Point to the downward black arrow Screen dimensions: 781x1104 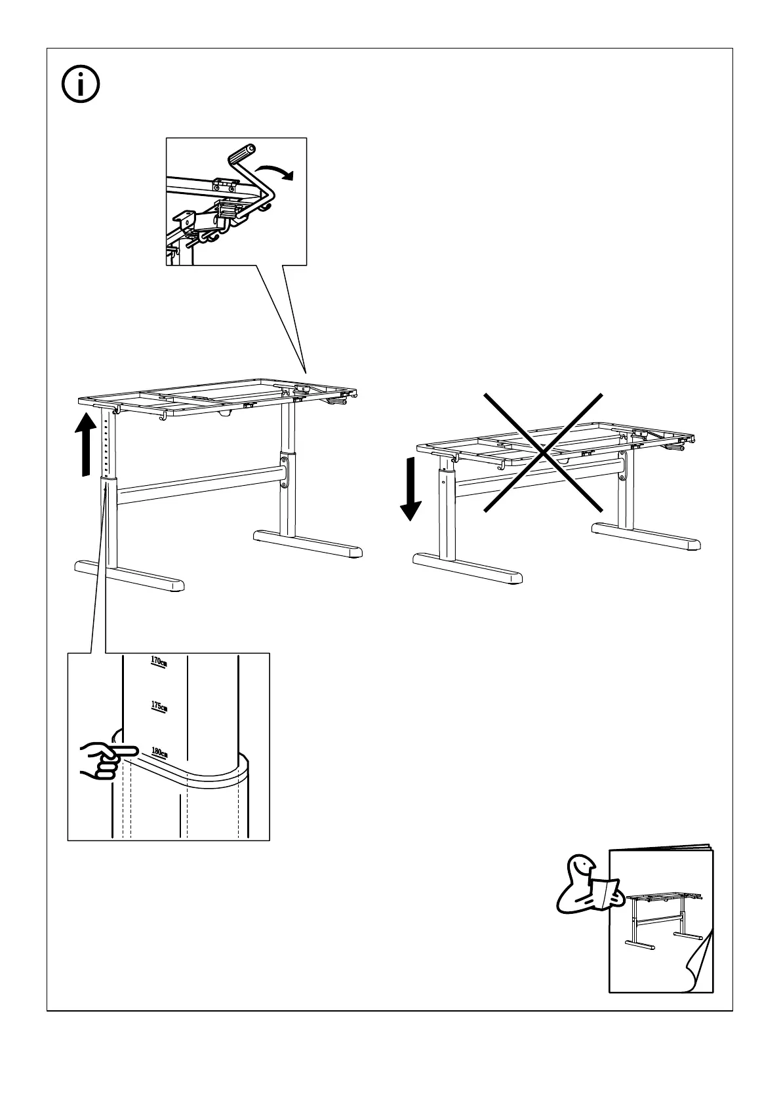click(x=411, y=488)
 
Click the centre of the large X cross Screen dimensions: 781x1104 click(x=543, y=452)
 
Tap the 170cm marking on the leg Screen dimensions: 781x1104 click(x=159, y=661)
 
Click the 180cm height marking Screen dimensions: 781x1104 click(x=159, y=752)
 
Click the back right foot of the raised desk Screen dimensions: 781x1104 click(x=308, y=544)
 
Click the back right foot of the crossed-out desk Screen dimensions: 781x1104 click(x=646, y=535)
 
